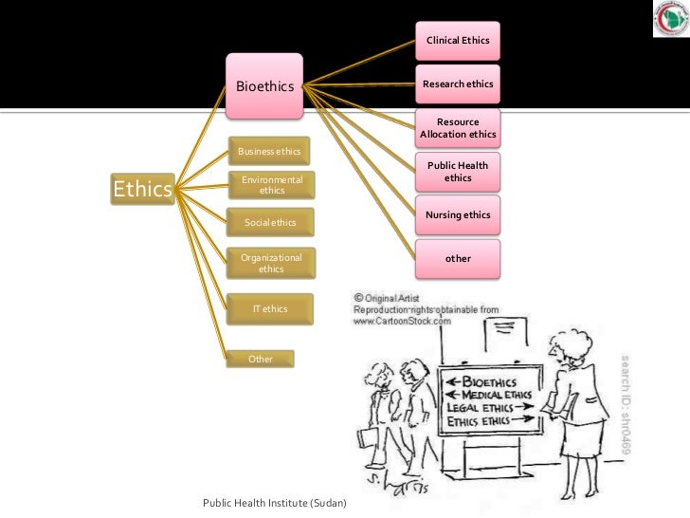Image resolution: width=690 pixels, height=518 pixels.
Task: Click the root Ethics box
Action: click(142, 190)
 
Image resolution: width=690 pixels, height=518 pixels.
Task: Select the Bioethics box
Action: click(265, 87)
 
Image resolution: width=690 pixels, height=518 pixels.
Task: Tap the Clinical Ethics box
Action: click(458, 42)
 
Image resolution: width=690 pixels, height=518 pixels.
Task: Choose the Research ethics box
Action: click(458, 84)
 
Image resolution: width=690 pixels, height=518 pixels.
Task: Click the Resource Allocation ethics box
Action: click(458, 128)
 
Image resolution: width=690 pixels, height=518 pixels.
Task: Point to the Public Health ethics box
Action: click(458, 172)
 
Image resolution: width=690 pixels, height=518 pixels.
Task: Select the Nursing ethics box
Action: click(458, 215)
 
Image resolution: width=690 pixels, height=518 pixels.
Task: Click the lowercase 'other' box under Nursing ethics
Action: click(458, 258)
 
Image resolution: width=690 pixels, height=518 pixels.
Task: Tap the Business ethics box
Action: click(270, 152)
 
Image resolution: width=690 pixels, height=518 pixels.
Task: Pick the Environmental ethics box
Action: click(271, 185)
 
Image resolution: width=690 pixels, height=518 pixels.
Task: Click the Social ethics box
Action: click(270, 223)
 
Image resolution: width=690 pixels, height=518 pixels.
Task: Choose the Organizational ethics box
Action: click(271, 263)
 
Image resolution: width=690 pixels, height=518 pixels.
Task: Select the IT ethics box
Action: click(270, 308)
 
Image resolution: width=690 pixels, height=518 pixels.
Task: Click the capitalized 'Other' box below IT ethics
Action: click(261, 360)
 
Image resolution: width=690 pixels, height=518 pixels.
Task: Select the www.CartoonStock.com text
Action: click(403, 321)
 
